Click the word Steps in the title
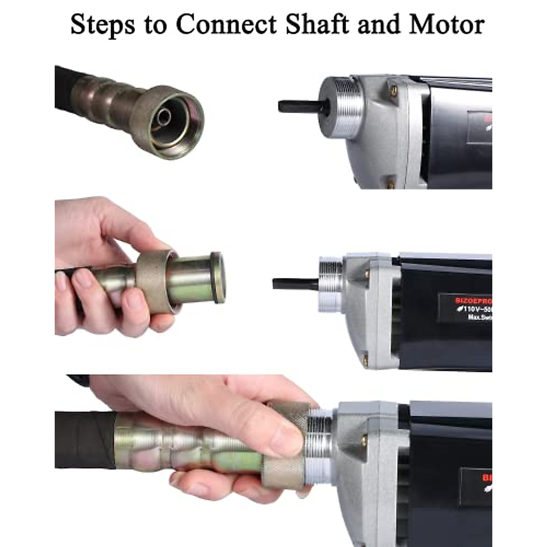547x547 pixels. click(x=103, y=25)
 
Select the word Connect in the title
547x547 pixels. click(x=227, y=25)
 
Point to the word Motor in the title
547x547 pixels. click(x=447, y=25)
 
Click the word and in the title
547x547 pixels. click(x=379, y=25)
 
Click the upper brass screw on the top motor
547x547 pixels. click(x=393, y=90)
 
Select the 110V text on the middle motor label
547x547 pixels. click(x=474, y=310)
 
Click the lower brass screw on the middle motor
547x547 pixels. click(x=365, y=360)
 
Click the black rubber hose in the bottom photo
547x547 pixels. click(x=84, y=440)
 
